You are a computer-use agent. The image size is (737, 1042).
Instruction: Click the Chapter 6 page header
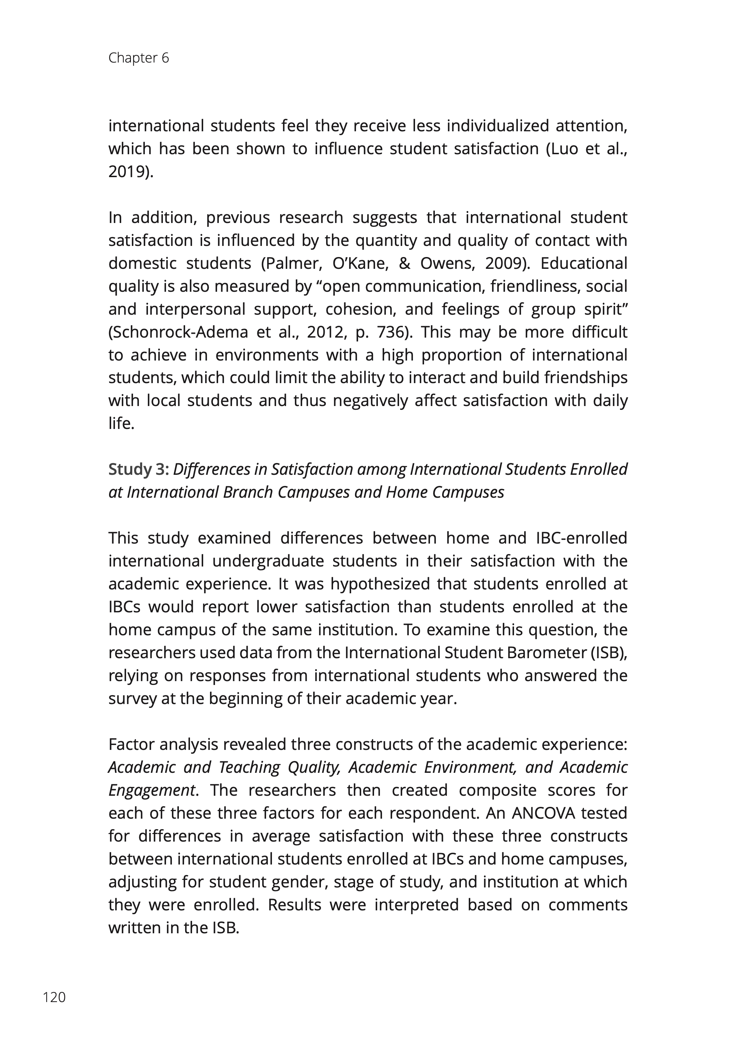click(139, 58)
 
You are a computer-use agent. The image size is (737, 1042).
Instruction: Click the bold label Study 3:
click(139, 469)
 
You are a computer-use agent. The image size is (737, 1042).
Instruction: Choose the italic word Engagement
click(151, 790)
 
